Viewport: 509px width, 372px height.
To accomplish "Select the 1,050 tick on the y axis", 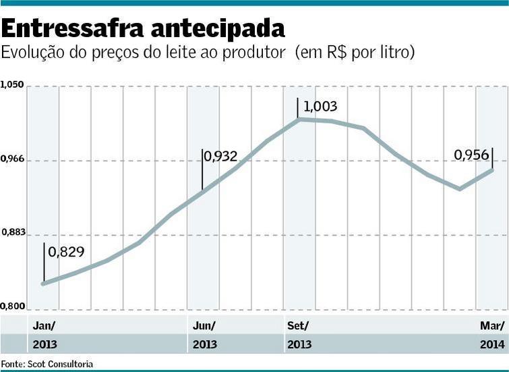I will tap(12, 85).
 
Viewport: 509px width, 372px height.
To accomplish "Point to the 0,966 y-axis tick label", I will tap(12, 159).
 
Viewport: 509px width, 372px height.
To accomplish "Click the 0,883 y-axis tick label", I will tap(12, 232).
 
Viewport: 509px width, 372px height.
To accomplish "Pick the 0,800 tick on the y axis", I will tap(12, 307).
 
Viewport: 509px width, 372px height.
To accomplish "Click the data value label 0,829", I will tap(67, 253).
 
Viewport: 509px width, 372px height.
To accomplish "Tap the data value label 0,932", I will tap(220, 157).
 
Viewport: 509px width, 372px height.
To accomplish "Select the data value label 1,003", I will tap(320, 107).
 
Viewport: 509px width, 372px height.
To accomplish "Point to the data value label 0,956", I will tap(471, 155).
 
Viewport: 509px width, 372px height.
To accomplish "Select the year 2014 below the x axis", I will tap(492, 344).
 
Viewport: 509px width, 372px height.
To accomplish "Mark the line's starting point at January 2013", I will tap(43, 284).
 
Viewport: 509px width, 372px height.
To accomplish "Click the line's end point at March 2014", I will tap(492, 169).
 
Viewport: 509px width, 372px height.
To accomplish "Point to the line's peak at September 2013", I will tap(298, 119).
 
